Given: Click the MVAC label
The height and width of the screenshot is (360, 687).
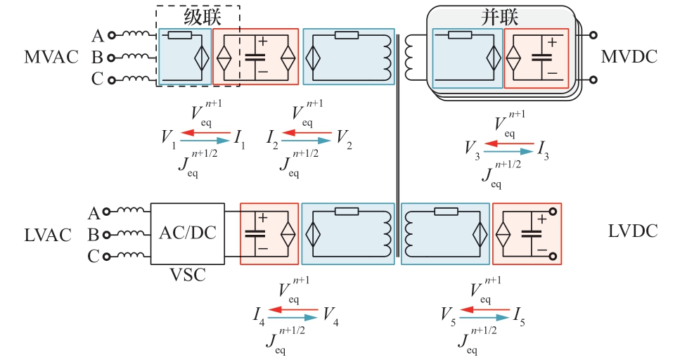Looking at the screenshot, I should coord(51,57).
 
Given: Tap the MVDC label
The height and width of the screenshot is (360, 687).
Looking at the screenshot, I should coord(629,57).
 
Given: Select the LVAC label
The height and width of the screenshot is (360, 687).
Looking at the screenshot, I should coord(48,235).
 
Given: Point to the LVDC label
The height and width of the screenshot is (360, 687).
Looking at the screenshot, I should coord(634,231).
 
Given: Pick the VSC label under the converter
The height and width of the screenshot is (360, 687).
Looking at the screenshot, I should coord(187,275).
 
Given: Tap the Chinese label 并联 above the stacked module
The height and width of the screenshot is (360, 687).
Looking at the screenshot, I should coord(500,17).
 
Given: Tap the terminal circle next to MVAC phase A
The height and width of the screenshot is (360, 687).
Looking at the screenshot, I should coord(111,34).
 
